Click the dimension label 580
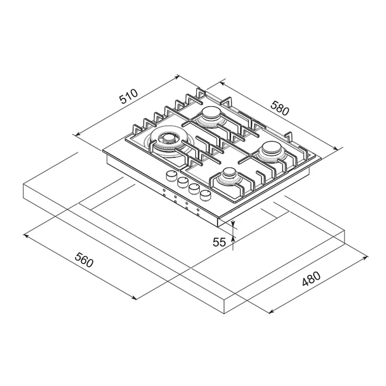tap(280, 108)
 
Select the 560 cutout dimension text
tap(84, 260)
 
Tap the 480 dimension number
tap(311, 279)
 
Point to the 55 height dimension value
tap(219, 242)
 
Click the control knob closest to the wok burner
tap(171, 175)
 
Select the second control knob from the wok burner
tap(182, 182)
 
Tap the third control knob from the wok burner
tap(194, 189)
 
